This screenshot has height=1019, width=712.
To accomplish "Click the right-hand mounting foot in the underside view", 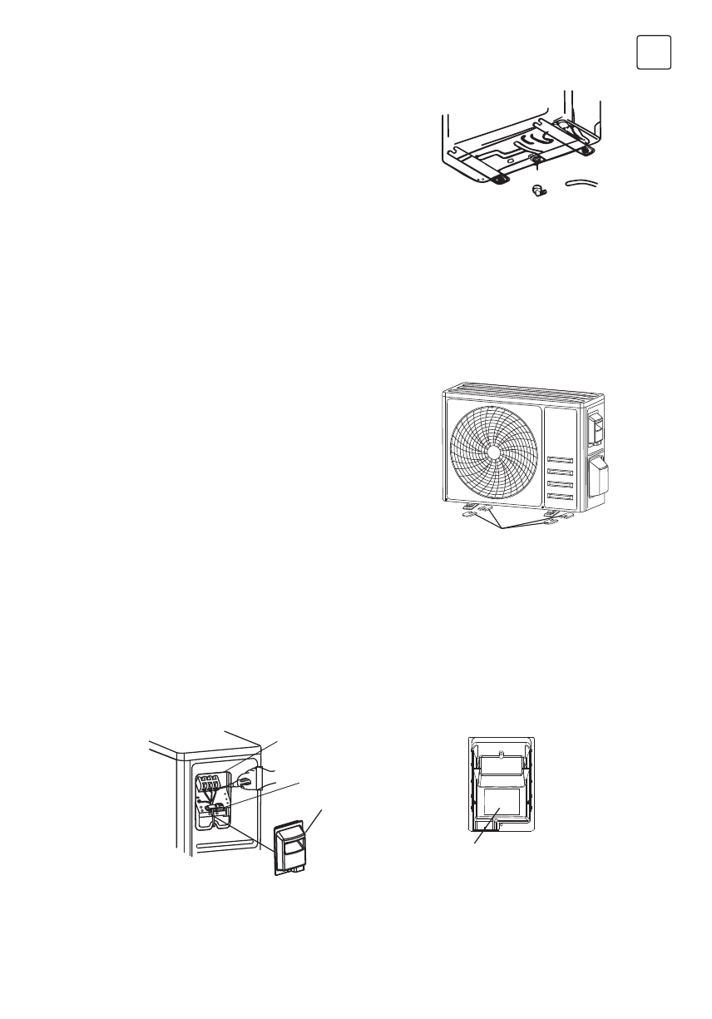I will (x=585, y=151).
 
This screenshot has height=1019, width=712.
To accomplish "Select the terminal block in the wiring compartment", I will (x=211, y=785).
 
